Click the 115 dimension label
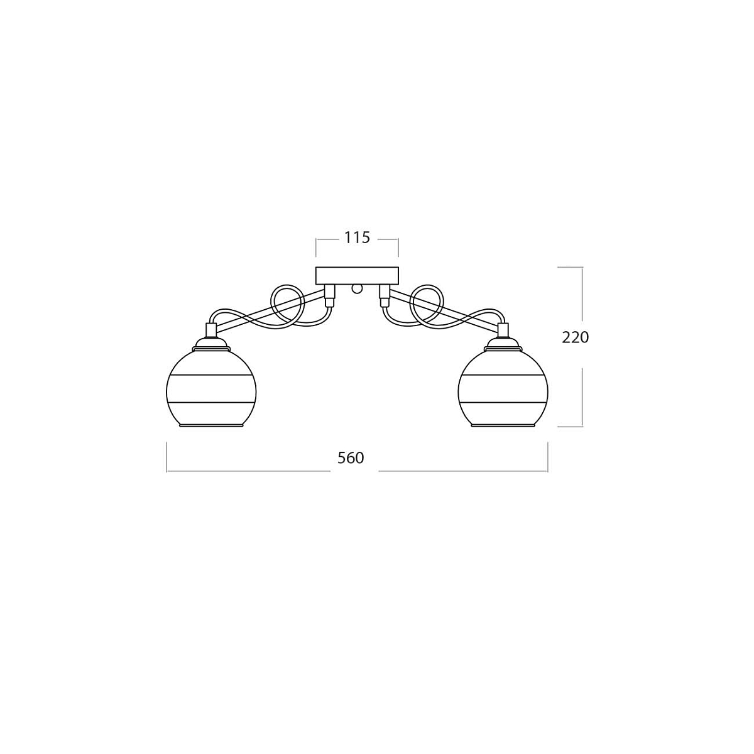pos(357,238)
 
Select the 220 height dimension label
pos(575,337)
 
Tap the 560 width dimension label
pos(351,458)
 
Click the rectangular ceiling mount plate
pos(357,275)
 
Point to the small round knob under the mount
pos(357,289)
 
